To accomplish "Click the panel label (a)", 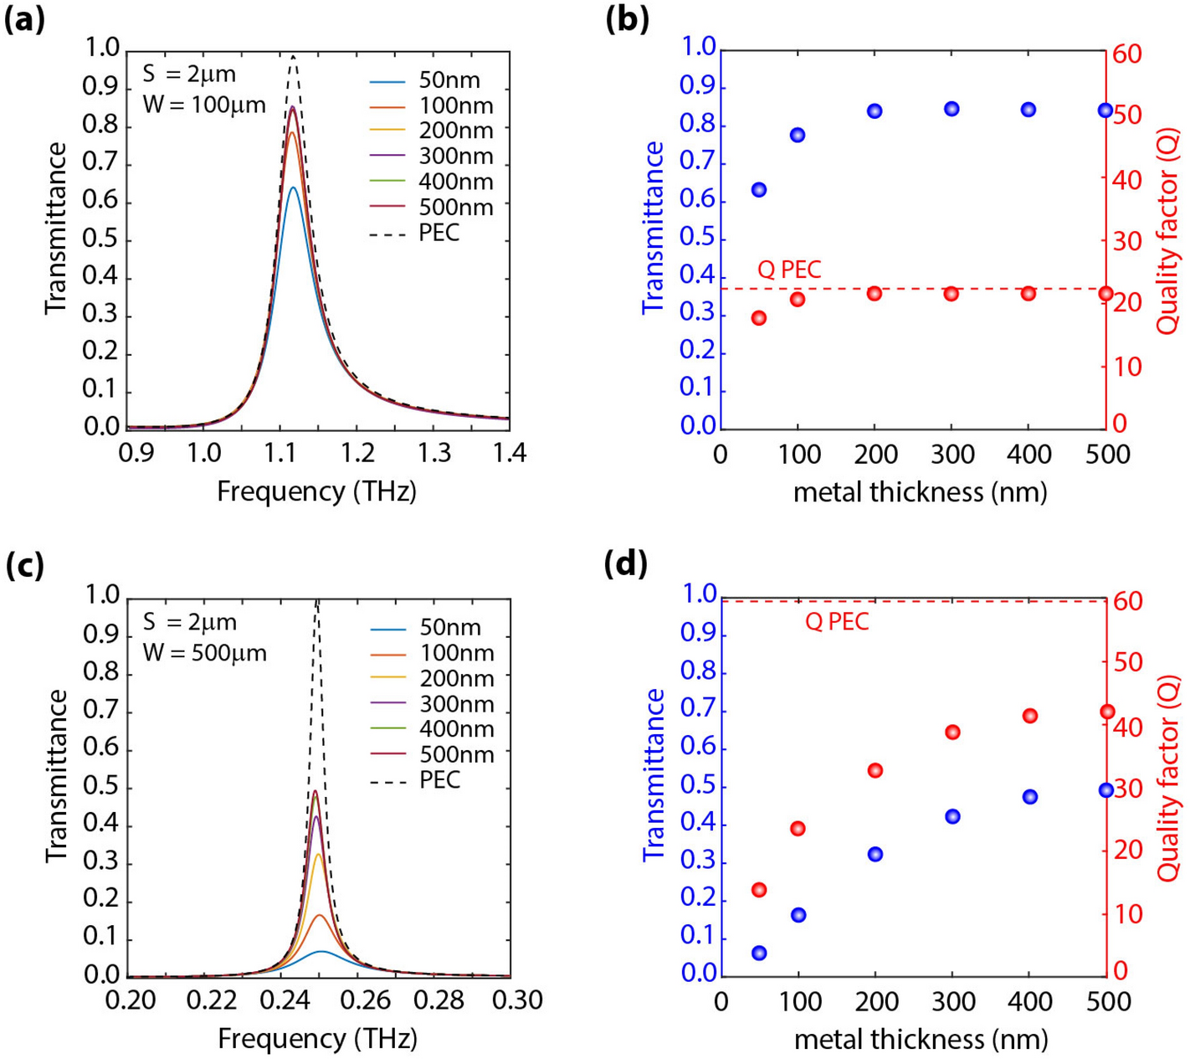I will coord(25,19).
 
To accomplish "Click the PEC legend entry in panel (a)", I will coord(439,233).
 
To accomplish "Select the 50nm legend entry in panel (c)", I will coord(449,628).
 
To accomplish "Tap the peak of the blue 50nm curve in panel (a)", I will coord(293,188).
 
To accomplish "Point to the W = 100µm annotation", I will coord(203,105).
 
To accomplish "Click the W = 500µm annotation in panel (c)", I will coord(204,652).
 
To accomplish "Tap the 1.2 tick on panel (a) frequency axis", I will coord(357,454).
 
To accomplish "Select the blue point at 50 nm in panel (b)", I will coord(759,190).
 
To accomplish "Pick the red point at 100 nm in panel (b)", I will coord(798,300).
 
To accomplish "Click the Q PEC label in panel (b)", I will coord(789,270).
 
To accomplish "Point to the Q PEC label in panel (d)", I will coord(837,622).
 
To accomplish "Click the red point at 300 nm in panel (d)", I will coord(952,733).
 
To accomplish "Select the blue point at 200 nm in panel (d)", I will coord(875,855).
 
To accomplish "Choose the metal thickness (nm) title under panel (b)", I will coord(920,492).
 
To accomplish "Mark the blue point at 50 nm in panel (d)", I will coord(759,954).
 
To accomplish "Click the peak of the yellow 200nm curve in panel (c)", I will coord(318,855).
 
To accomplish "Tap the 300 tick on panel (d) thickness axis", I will coord(952,1001).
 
